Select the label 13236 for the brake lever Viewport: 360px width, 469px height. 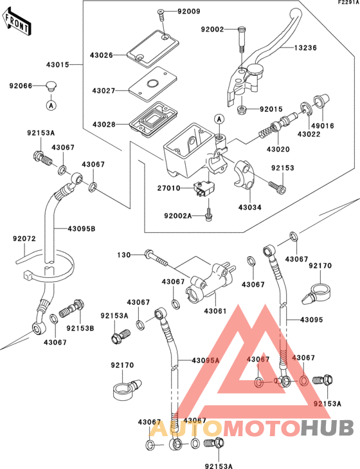point(307,48)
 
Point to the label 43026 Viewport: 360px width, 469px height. point(102,55)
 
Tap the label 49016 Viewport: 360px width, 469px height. point(323,126)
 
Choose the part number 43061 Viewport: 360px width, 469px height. point(216,311)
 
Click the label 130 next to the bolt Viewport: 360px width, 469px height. point(123,255)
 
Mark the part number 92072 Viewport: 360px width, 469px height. point(24,239)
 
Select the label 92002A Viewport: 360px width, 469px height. point(179,217)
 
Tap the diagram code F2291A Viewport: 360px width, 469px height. point(346,3)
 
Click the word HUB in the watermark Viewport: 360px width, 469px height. point(327,427)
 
